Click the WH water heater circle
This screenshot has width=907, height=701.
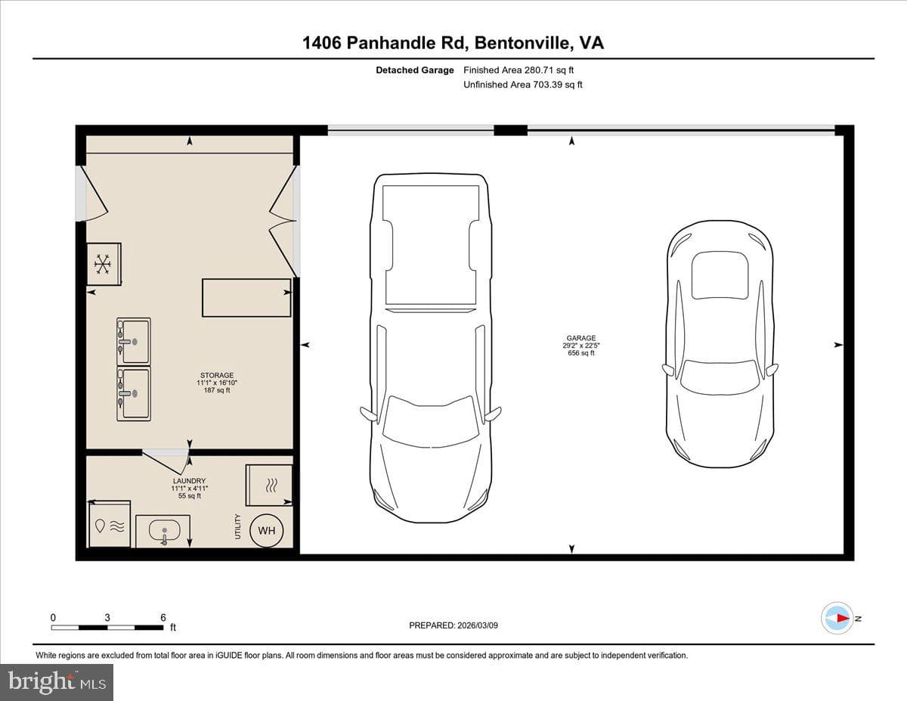[266, 530]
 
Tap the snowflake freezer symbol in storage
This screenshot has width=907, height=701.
[101, 264]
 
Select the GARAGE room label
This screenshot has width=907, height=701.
[581, 338]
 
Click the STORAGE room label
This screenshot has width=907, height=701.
[217, 375]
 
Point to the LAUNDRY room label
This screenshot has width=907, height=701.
[190, 481]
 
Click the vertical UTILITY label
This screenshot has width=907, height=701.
[238, 526]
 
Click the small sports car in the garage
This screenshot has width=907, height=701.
[720, 343]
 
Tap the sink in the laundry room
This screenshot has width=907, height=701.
[164, 531]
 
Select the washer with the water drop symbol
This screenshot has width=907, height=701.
[110, 525]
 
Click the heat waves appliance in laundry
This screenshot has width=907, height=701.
[270, 485]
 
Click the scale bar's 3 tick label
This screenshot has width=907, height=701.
[107, 618]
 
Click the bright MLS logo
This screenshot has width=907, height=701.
[57, 683]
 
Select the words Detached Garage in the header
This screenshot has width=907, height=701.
[414, 70]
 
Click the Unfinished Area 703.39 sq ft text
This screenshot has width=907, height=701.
[523, 85]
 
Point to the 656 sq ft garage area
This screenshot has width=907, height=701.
[581, 353]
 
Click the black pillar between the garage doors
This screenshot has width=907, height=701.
[510, 130]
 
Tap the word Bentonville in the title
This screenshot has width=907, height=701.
[522, 43]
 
